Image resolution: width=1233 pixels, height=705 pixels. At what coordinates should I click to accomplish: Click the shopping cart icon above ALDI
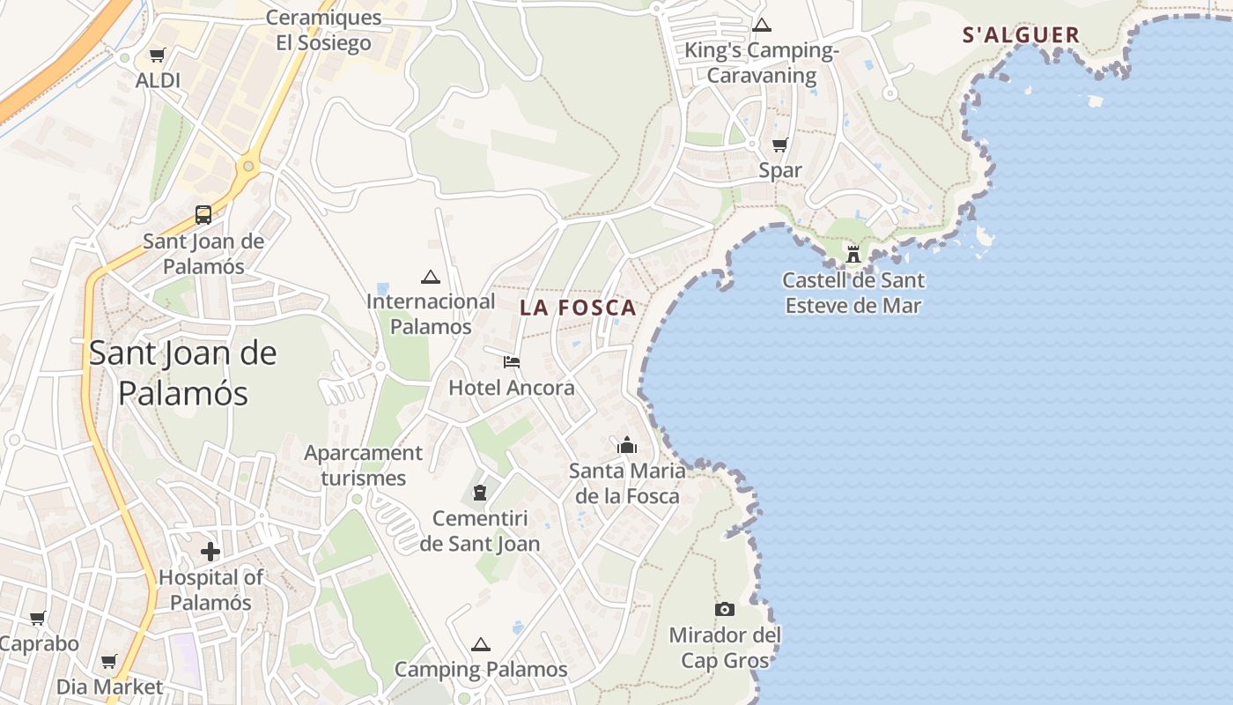pos(158,56)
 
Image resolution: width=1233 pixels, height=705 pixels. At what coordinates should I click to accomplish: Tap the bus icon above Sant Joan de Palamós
pos(203,214)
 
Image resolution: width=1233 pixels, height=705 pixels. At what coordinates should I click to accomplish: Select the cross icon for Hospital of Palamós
pos(210,553)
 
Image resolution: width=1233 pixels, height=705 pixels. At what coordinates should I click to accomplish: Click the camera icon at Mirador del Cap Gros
pos(725,609)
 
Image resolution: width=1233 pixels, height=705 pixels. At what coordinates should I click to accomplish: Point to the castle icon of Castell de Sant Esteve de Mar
pos(853,255)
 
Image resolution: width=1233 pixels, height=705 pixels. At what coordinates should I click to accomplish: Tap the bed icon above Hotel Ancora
pos(512,361)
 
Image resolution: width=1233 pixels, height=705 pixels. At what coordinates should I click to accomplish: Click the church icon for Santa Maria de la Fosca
pos(627,445)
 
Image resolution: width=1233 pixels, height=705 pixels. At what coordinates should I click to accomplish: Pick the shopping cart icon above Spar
pos(779,145)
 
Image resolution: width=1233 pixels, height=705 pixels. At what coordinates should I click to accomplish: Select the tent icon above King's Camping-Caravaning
pos(762,25)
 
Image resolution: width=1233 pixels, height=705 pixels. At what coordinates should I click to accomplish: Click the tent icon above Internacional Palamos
pos(431,277)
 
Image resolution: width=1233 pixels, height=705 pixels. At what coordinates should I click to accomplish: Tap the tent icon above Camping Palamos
pos(480,644)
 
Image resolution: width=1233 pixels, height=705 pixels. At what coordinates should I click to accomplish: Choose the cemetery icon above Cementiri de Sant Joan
pos(480,492)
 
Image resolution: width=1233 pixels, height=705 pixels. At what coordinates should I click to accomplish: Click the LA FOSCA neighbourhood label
pos(578,308)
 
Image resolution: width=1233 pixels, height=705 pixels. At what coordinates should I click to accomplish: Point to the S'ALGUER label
pos(1021,35)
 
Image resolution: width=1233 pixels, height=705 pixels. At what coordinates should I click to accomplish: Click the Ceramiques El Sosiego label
pos(323,30)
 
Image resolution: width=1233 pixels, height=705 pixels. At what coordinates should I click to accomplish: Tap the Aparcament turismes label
pos(363,465)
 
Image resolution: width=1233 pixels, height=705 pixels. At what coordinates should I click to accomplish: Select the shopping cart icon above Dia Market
pos(109,661)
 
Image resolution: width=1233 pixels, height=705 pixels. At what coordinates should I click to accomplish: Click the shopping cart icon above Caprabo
pos(37,618)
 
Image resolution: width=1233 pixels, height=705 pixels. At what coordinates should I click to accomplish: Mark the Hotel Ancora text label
pos(512,388)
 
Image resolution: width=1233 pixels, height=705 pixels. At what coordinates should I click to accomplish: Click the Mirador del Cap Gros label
pos(725,648)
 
